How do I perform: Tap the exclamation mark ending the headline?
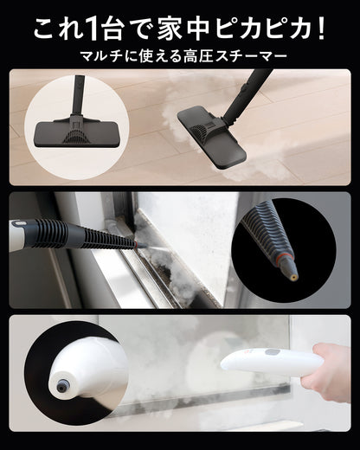click(x=322, y=29)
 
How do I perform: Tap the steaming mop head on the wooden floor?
click(x=212, y=138)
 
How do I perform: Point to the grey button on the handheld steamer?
click(x=273, y=353)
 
